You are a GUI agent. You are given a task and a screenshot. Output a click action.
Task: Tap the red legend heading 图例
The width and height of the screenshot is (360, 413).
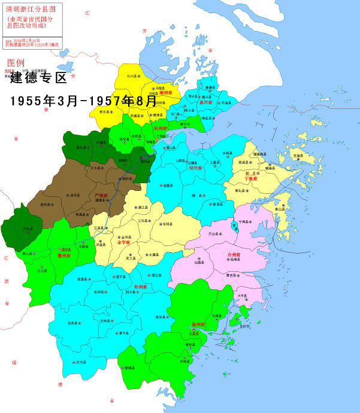pyautogui.click(x=16, y=62)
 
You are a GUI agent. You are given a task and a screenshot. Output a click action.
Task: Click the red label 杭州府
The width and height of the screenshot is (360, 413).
pyautogui.click(x=161, y=128)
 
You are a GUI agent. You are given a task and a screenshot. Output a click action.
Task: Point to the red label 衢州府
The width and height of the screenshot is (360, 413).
pyautogui.click(x=64, y=255)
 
